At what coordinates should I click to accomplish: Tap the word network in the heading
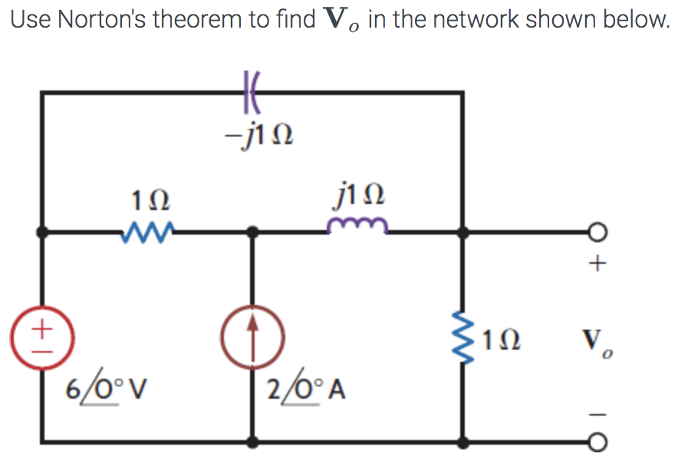tap(482, 20)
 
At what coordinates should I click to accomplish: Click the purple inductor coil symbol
tap(357, 225)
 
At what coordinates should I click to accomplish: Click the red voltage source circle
tap(42, 335)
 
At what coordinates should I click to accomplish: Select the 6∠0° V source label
tap(104, 389)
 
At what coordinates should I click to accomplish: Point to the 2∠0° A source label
tap(305, 389)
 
